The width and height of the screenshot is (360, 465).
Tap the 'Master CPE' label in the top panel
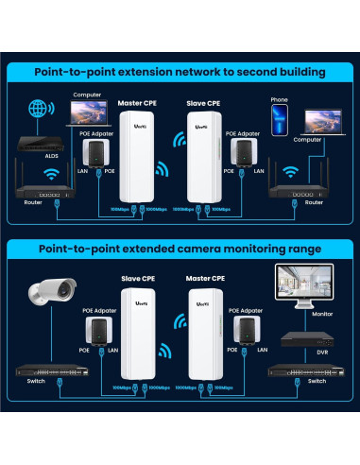pyautogui.click(x=138, y=101)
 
